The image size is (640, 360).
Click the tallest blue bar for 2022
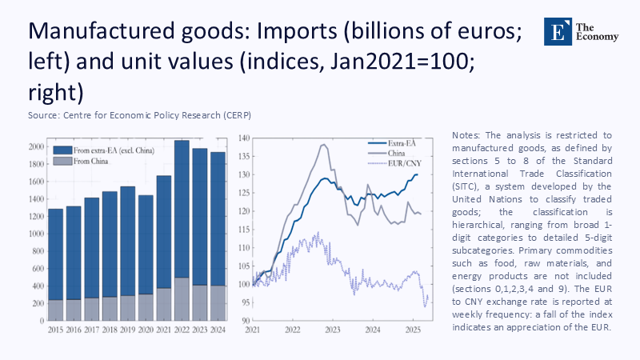pos(182,208)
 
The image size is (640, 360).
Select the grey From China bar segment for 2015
pos(55,311)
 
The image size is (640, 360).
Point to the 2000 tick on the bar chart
pos(35,147)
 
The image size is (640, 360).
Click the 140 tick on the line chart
pos(245,138)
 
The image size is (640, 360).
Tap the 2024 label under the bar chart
pos(218,330)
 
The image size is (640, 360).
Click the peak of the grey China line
pos(322,145)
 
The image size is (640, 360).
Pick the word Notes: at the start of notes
pos(467,136)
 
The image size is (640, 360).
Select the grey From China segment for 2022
pos(182,300)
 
